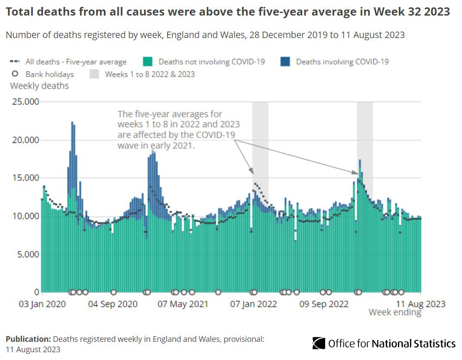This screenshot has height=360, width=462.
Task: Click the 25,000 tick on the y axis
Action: coord(24,102)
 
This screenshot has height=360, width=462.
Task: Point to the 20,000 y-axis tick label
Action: coord(24,140)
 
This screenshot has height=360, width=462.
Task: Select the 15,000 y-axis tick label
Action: coord(24,178)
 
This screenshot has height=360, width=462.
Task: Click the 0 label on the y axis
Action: coord(36,292)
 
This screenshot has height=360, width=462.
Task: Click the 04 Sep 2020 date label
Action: coord(113,304)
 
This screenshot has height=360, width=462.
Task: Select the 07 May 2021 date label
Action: coord(183,304)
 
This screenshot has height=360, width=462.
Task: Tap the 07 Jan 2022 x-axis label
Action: coord(253,304)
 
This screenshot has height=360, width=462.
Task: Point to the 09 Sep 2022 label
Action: coord(324,304)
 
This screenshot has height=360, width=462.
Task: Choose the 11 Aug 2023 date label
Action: coord(421,304)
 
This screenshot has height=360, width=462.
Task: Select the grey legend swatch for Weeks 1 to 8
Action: coord(94,74)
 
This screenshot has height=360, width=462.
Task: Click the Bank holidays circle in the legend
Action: coord(14,74)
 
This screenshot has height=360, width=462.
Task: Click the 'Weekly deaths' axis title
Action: coord(39,86)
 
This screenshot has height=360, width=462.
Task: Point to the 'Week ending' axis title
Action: coord(394,312)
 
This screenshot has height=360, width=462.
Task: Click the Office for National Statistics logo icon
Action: coord(319,344)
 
